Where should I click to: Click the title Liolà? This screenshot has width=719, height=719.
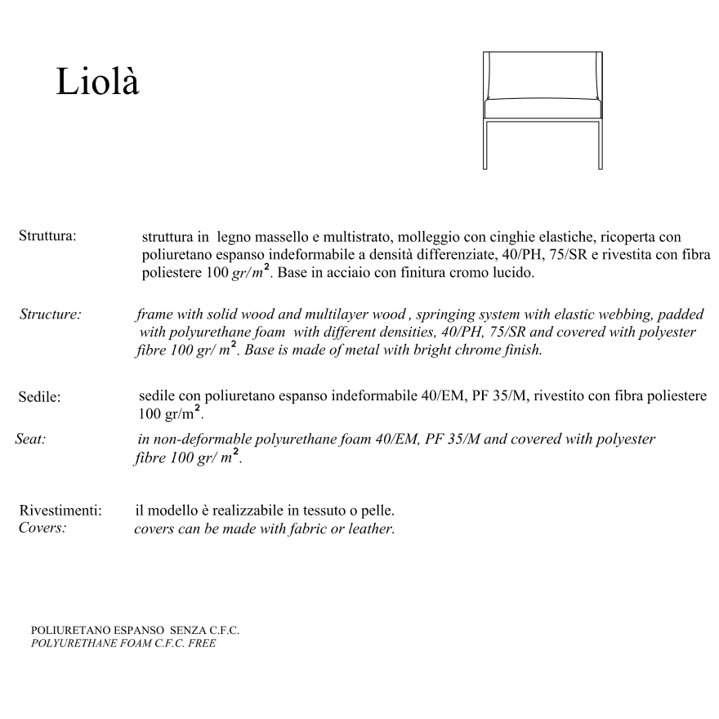[x=97, y=82]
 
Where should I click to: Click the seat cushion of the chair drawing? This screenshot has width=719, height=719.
[x=543, y=109]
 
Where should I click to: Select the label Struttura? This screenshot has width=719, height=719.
[x=47, y=236]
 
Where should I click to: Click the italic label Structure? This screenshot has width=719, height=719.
[x=50, y=315]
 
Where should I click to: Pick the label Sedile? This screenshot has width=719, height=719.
[x=40, y=398]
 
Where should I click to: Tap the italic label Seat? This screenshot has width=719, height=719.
[x=30, y=439]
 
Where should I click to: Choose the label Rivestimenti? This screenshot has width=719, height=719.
[x=60, y=511]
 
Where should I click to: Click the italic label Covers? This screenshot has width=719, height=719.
[x=42, y=528]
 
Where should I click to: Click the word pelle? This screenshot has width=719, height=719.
[x=378, y=511]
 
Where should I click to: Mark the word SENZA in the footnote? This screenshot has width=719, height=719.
[x=188, y=631]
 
